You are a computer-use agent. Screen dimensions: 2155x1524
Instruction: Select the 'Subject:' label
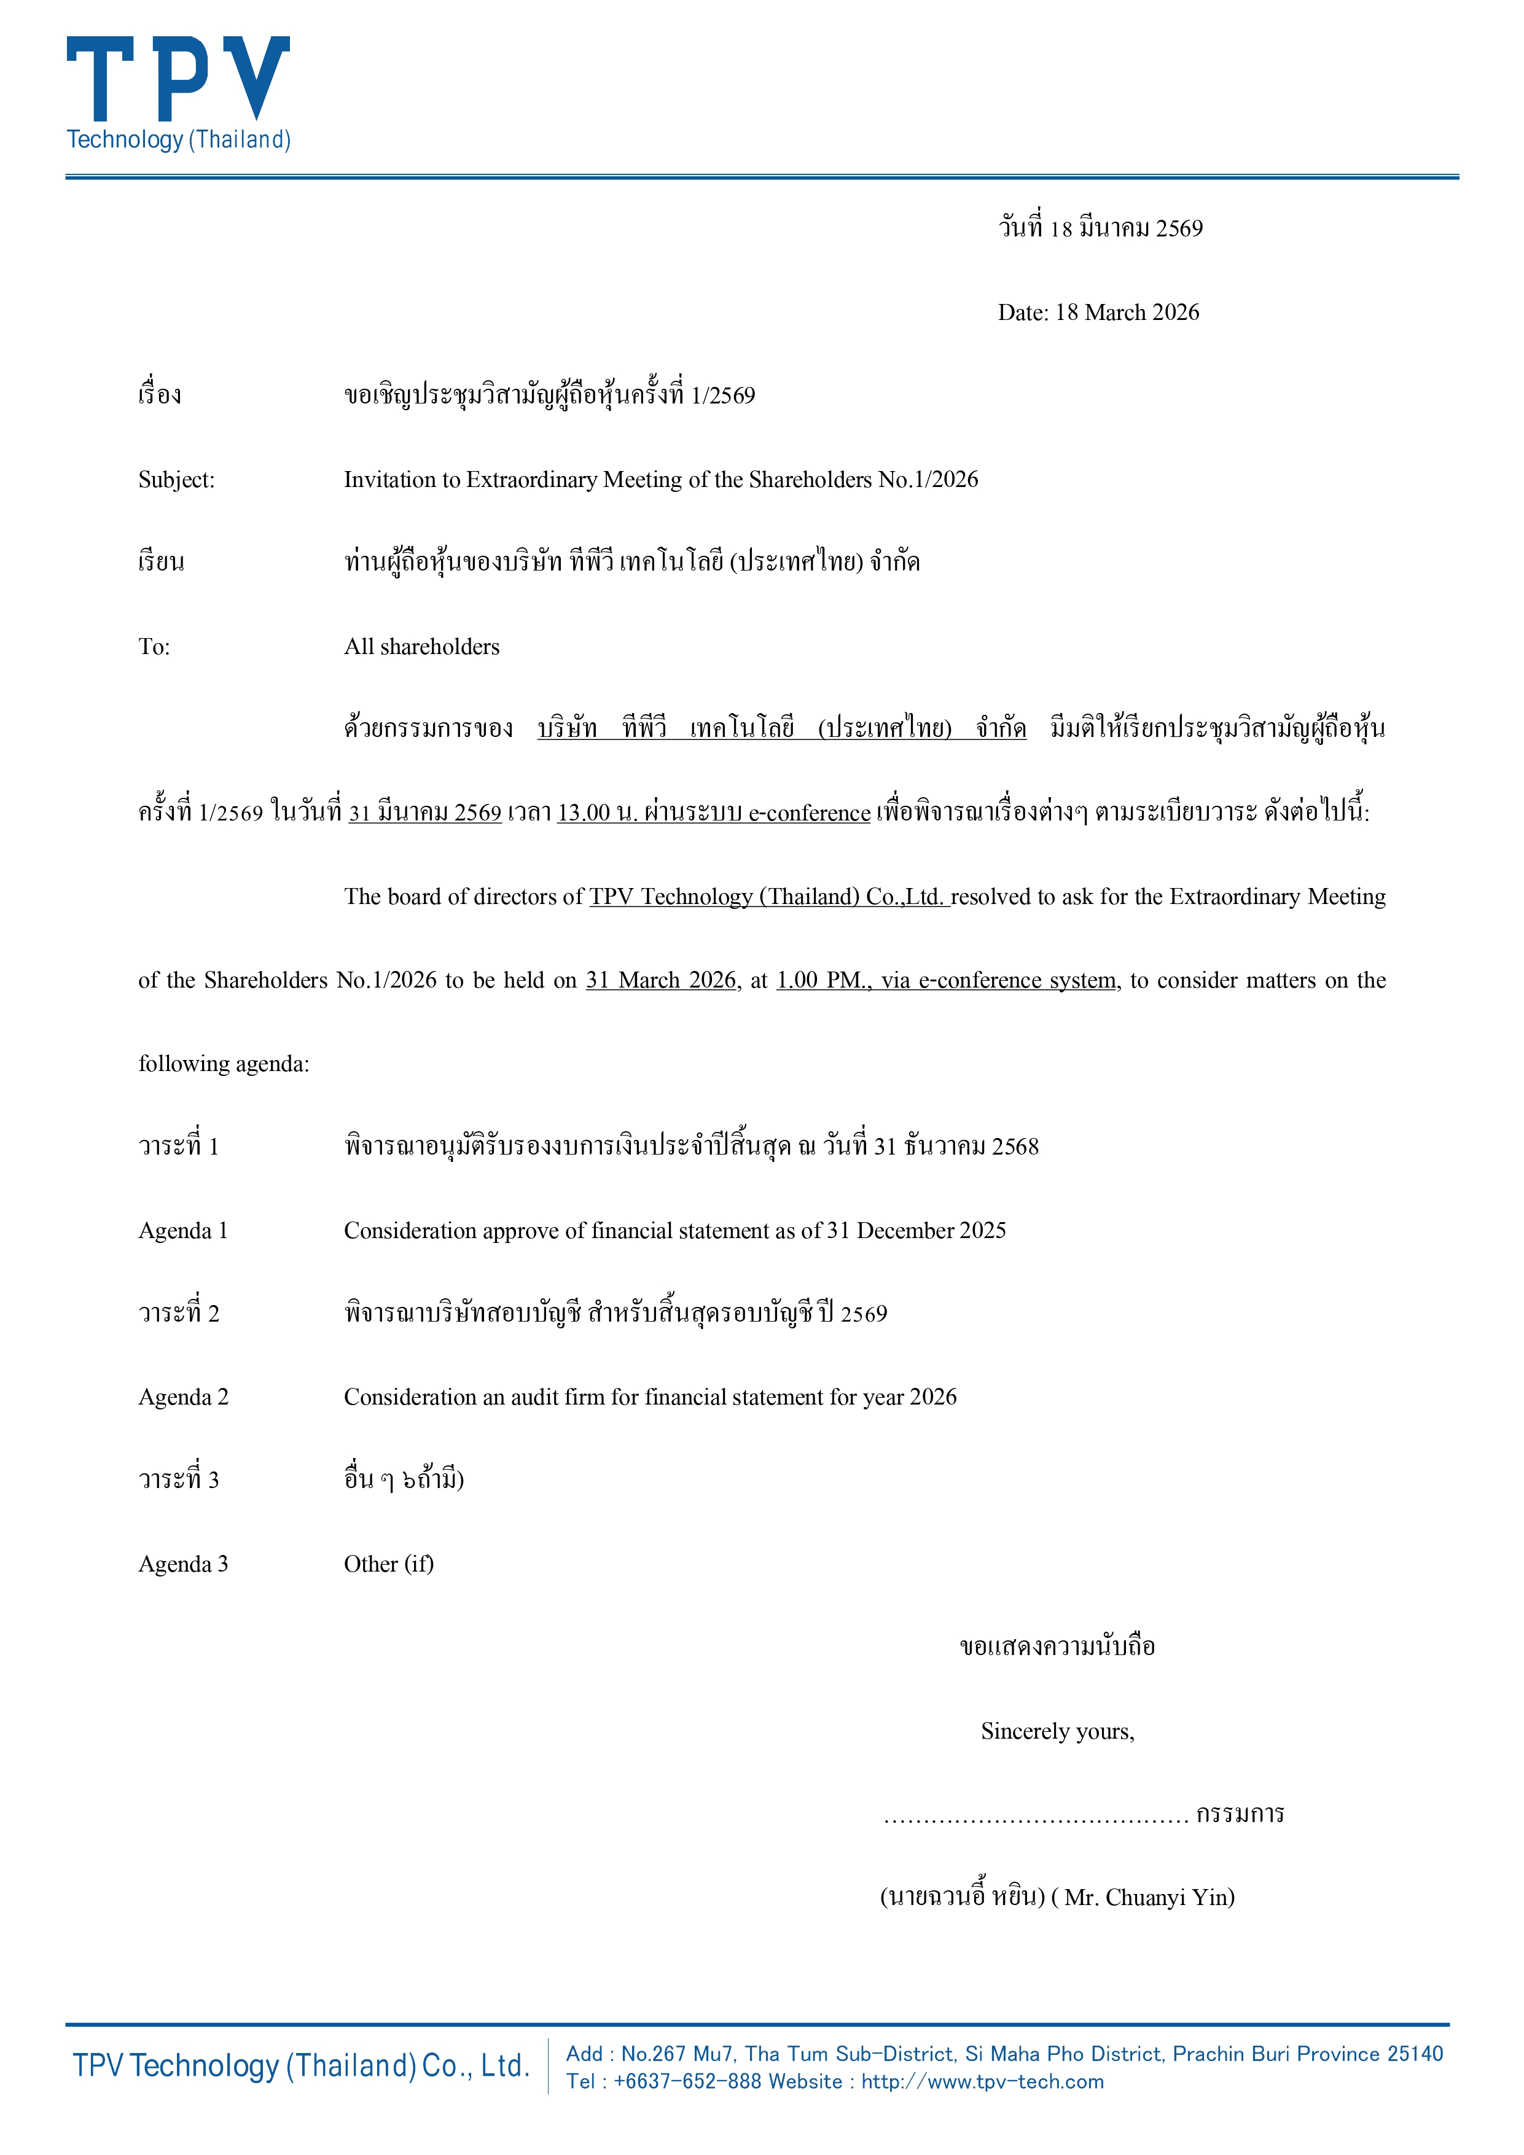pos(176,480)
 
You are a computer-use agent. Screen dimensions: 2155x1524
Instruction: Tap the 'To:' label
pos(154,647)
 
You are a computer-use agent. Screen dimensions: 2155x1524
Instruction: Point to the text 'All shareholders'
pos(421,647)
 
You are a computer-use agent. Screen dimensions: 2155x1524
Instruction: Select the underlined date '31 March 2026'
pos(661,981)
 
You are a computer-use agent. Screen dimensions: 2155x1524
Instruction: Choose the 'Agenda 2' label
pos(183,1398)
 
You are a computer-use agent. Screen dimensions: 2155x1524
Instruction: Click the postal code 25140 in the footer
pos(1415,2054)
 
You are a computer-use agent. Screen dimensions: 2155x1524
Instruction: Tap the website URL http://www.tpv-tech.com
pos(982,2082)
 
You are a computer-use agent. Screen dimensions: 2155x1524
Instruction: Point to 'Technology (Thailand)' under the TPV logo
pos(178,140)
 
